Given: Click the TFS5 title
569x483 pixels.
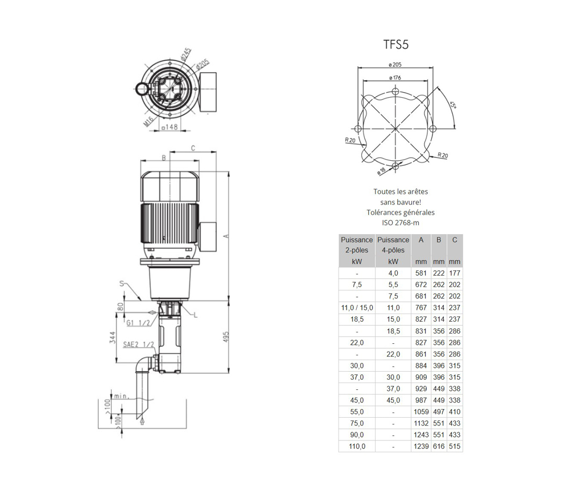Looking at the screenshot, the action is (396, 44).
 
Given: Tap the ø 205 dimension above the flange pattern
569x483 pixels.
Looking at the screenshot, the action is (395, 65).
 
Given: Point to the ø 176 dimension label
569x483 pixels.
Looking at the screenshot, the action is (395, 77).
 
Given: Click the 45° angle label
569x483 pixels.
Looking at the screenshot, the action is (453, 105).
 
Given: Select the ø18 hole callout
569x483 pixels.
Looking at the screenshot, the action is (381, 171).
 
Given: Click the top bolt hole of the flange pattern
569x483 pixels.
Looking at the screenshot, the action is (395, 90).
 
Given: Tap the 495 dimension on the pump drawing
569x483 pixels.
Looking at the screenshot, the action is (226, 338).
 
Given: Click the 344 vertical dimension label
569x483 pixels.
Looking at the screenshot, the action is (113, 338).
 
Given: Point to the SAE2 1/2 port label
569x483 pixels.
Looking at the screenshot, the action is (138, 344).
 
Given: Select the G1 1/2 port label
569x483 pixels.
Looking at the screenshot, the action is (138, 323).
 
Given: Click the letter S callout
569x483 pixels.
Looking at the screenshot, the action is (122, 284).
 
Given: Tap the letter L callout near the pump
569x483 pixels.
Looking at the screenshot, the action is (196, 315).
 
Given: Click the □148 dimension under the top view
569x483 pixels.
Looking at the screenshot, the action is (170, 127).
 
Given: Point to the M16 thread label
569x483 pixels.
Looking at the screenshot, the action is (149, 121).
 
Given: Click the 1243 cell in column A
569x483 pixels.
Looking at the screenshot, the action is (421, 435).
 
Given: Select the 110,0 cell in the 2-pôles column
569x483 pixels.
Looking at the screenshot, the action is (357, 447).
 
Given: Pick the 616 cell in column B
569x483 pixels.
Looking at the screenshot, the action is (439, 447).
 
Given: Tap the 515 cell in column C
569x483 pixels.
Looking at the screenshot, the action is (455, 447).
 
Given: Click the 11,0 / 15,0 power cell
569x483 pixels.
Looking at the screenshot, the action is (357, 307).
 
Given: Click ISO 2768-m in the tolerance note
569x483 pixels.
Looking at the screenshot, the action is (401, 223).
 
